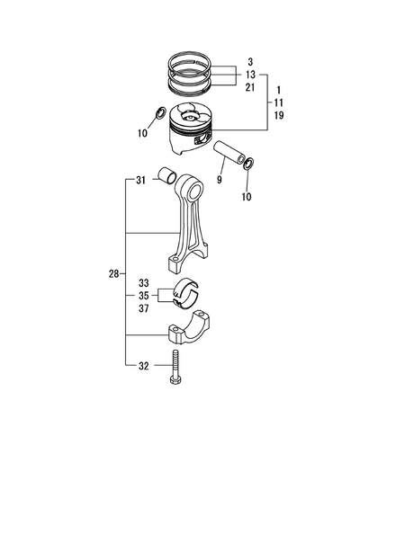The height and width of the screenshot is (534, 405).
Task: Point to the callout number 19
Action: click(x=279, y=116)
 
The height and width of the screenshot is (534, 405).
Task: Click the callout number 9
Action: click(x=219, y=181)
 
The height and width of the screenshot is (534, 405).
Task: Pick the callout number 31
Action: click(x=140, y=181)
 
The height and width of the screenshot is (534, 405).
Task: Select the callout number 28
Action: click(x=113, y=273)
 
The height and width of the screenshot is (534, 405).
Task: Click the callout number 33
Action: click(x=143, y=283)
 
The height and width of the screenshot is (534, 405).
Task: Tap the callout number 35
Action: click(x=143, y=295)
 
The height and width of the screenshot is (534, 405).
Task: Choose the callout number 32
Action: click(x=143, y=367)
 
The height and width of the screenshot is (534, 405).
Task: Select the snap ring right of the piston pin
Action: click(x=249, y=163)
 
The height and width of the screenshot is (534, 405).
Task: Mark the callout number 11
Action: click(x=279, y=103)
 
